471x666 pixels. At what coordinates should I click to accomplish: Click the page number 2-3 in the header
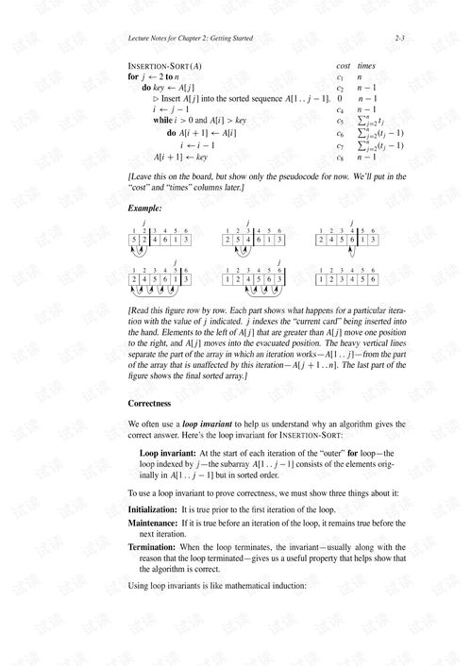399,39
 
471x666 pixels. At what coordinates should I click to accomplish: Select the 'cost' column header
342,66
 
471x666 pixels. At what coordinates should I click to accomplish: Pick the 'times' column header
366,66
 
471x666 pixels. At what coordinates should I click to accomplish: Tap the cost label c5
341,122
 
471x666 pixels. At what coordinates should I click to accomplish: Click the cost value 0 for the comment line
340,99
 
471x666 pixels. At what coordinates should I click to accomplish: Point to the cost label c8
341,158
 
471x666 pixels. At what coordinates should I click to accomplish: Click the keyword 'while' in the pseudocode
163,122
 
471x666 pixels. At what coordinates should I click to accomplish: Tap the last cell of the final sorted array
373,280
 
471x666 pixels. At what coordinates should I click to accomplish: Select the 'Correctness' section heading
149,403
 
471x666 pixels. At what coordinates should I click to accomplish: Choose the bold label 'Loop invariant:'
168,454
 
